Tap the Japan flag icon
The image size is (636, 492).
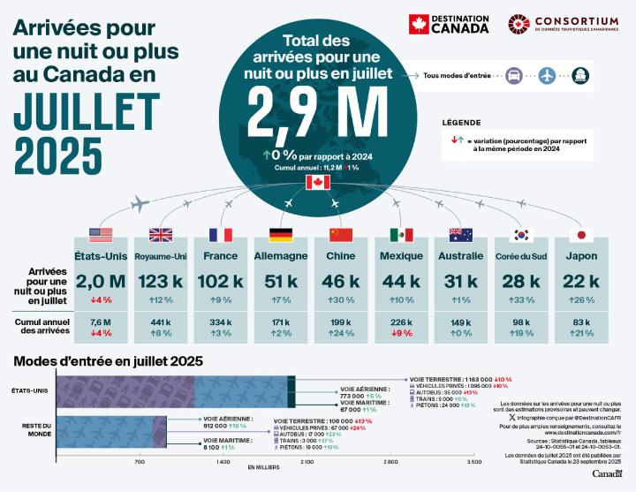581,235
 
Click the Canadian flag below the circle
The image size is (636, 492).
317,182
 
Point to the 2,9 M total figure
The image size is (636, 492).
317,110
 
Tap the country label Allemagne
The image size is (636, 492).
280,256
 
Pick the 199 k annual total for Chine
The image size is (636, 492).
341,322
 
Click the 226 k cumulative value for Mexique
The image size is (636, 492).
401,322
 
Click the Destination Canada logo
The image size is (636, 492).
450,25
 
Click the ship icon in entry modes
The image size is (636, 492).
579,76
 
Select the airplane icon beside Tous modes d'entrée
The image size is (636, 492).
547,76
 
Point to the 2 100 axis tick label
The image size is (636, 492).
306,462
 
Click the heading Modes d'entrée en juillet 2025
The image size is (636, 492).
108,360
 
